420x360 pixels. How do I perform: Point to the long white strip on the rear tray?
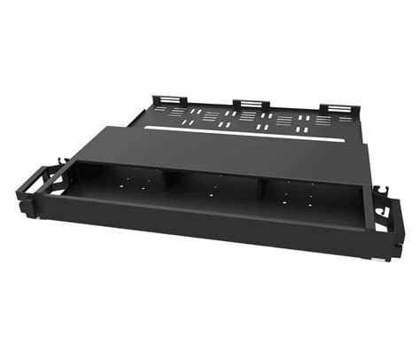[257, 136]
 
